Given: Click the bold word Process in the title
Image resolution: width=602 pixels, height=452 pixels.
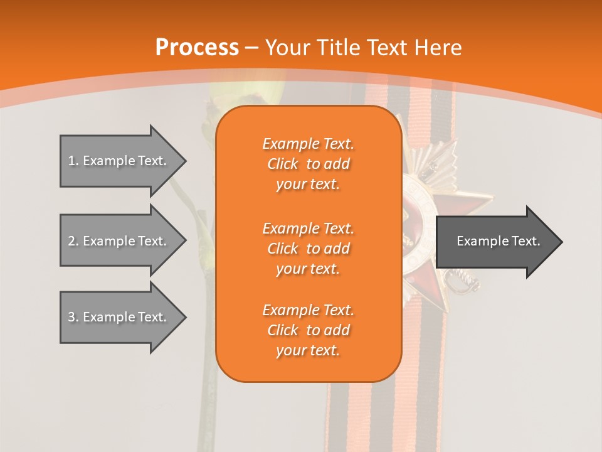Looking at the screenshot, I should click(197, 48).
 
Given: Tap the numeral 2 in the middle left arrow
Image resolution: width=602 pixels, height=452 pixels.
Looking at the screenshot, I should click(71, 241).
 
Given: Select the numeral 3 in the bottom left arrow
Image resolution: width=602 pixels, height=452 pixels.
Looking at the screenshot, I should click(71, 317).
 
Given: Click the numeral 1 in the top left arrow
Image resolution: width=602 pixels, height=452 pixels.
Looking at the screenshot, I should click(71, 161).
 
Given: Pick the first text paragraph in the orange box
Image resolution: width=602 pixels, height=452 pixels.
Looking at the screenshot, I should click(308, 164).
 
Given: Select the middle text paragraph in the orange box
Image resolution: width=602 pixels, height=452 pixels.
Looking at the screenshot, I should click(308, 249).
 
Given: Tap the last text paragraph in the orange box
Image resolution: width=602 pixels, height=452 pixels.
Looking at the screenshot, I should click(308, 330).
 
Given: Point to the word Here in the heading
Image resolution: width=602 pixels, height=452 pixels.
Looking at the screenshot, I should click(438, 48).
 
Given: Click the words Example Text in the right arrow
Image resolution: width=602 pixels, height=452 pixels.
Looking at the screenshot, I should click(498, 241).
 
